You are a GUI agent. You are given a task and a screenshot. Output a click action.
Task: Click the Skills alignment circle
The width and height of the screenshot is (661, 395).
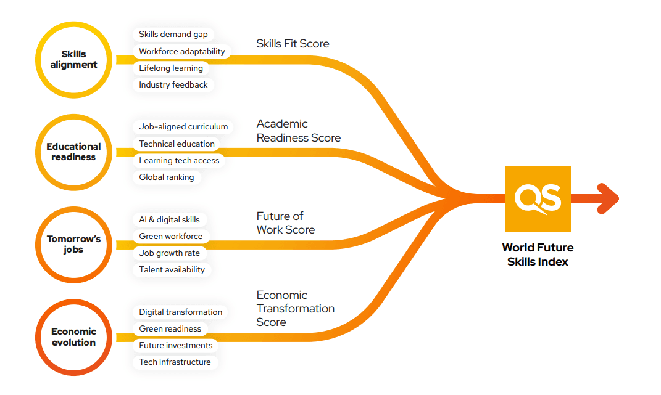(x=74, y=60)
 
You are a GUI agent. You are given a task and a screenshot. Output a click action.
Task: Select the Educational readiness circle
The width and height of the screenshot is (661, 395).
(x=74, y=152)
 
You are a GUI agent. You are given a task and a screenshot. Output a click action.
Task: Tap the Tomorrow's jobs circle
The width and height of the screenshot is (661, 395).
(x=74, y=245)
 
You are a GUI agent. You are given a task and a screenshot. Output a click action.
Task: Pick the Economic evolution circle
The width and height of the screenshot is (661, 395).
(x=74, y=337)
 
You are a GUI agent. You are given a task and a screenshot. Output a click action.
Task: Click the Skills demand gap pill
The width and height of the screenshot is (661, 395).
(x=173, y=35)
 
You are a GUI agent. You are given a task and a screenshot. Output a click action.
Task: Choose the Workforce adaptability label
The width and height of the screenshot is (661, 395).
(x=182, y=51)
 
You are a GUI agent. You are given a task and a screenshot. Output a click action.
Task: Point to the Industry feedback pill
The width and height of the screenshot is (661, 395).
(x=173, y=84)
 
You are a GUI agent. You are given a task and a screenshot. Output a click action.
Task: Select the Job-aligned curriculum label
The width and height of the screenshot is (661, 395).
(x=183, y=127)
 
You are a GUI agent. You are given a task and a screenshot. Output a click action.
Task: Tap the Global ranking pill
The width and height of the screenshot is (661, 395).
(x=167, y=177)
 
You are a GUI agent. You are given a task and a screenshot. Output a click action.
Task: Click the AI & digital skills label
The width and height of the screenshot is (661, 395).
(x=169, y=219)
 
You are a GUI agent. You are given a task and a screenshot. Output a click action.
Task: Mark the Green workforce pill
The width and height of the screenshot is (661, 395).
(x=171, y=236)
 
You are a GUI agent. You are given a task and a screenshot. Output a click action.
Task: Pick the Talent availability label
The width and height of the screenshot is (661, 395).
(x=172, y=269)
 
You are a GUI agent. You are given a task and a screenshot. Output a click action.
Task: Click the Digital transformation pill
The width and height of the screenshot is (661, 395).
(x=180, y=312)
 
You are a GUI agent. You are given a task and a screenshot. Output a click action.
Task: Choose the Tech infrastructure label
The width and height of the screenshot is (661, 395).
(x=175, y=362)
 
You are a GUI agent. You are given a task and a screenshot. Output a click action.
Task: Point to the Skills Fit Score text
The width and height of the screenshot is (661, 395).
(x=293, y=44)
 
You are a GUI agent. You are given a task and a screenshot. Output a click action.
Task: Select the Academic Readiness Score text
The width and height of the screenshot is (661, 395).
(x=299, y=131)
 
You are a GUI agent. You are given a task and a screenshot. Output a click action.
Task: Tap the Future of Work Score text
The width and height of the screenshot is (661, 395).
(x=286, y=223)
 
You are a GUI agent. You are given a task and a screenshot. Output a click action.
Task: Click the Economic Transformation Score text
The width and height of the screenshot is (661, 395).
(x=296, y=308)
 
